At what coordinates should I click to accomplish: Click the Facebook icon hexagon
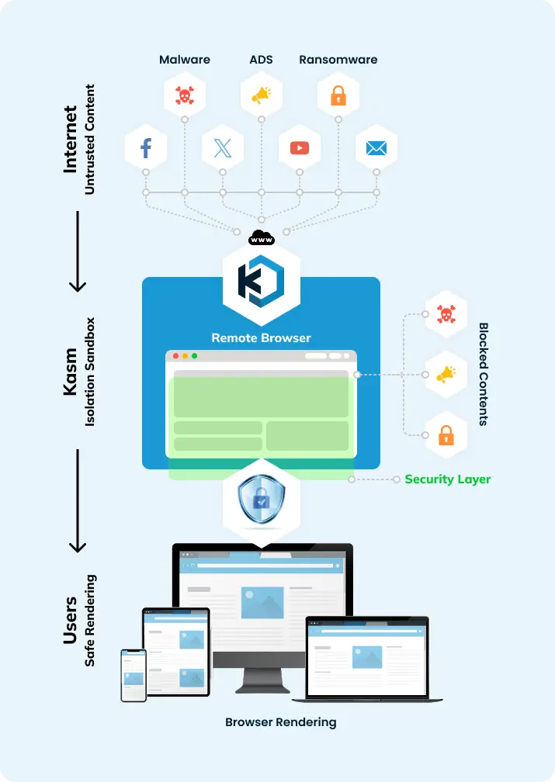click(146, 147)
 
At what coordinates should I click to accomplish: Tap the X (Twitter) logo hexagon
click(223, 147)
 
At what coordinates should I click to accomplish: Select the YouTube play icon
click(300, 147)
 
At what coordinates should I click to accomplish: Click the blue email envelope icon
click(376, 147)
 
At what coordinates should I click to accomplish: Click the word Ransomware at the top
click(338, 59)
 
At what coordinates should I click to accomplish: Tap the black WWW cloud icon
click(261, 238)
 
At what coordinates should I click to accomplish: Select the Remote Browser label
click(261, 337)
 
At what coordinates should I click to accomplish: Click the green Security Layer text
click(447, 479)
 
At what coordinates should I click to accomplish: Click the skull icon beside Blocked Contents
click(446, 314)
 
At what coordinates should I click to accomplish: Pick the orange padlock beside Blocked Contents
click(446, 436)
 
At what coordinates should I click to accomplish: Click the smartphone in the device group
click(134, 675)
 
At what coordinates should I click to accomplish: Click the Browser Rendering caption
click(280, 722)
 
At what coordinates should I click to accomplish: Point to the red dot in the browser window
click(176, 356)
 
